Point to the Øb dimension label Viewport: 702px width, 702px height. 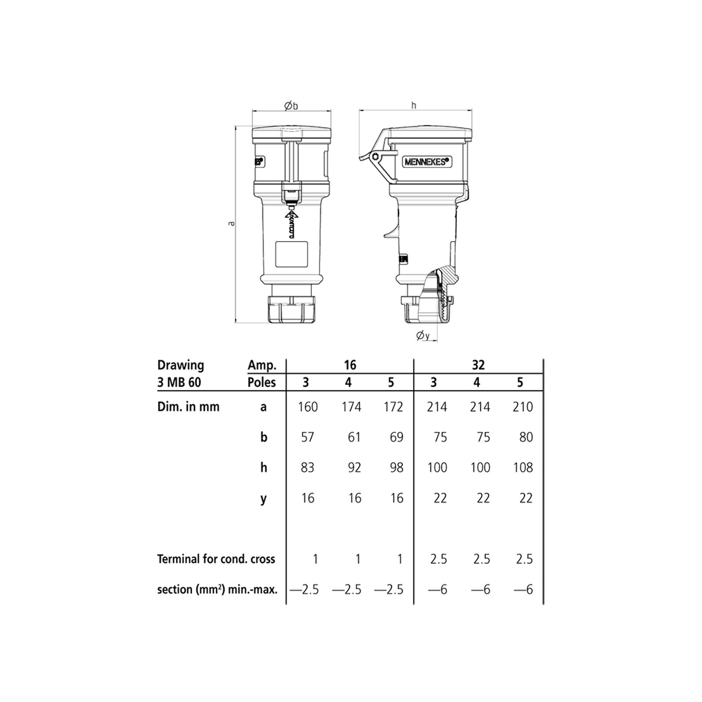pyautogui.click(x=291, y=106)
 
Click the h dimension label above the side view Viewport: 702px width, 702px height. pyautogui.click(x=413, y=105)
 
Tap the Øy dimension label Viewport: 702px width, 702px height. pyautogui.click(x=423, y=336)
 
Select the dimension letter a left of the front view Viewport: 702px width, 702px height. pyautogui.click(x=232, y=224)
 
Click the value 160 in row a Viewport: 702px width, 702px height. pyautogui.click(x=308, y=407)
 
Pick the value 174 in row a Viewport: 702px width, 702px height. pyautogui.click(x=351, y=407)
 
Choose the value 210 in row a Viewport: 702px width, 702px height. pyautogui.click(x=522, y=407)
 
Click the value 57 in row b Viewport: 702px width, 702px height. pyautogui.click(x=308, y=437)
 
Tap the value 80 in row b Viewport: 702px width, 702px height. pyautogui.click(x=526, y=437)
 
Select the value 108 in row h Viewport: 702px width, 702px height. pyautogui.click(x=523, y=467)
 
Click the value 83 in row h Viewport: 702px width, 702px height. pyautogui.click(x=308, y=467)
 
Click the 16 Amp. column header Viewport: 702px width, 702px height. pyautogui.click(x=350, y=365)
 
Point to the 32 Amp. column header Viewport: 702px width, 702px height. pyautogui.click(x=478, y=365)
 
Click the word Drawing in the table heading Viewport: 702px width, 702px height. pyautogui.click(x=181, y=365)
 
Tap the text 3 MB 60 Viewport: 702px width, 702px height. pyautogui.click(x=179, y=382)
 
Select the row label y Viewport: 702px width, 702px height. pyautogui.click(x=263, y=498)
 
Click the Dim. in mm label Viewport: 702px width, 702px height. pyautogui.click(x=188, y=407)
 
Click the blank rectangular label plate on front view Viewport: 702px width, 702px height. pyautogui.click(x=291, y=254)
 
